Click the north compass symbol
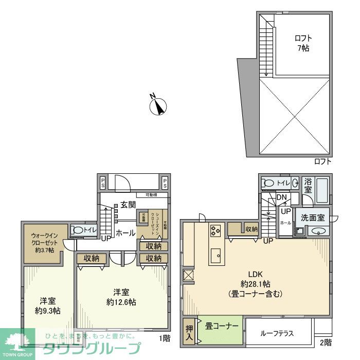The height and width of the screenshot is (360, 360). tap(159, 106)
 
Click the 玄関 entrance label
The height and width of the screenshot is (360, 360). tap(129, 204)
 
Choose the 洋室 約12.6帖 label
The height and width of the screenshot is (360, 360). tap(121, 297)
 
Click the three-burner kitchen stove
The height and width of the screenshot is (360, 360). tap(215, 231)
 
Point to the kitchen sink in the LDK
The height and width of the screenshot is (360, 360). tap(215, 254)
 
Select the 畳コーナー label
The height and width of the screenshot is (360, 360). tap(222, 326)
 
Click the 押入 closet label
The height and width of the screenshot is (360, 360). tap(189, 332)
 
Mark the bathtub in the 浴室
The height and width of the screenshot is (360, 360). tap(322, 191)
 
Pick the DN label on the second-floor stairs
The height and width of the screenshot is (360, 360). tap(281, 197)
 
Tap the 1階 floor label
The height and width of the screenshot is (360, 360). tap(164, 338)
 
